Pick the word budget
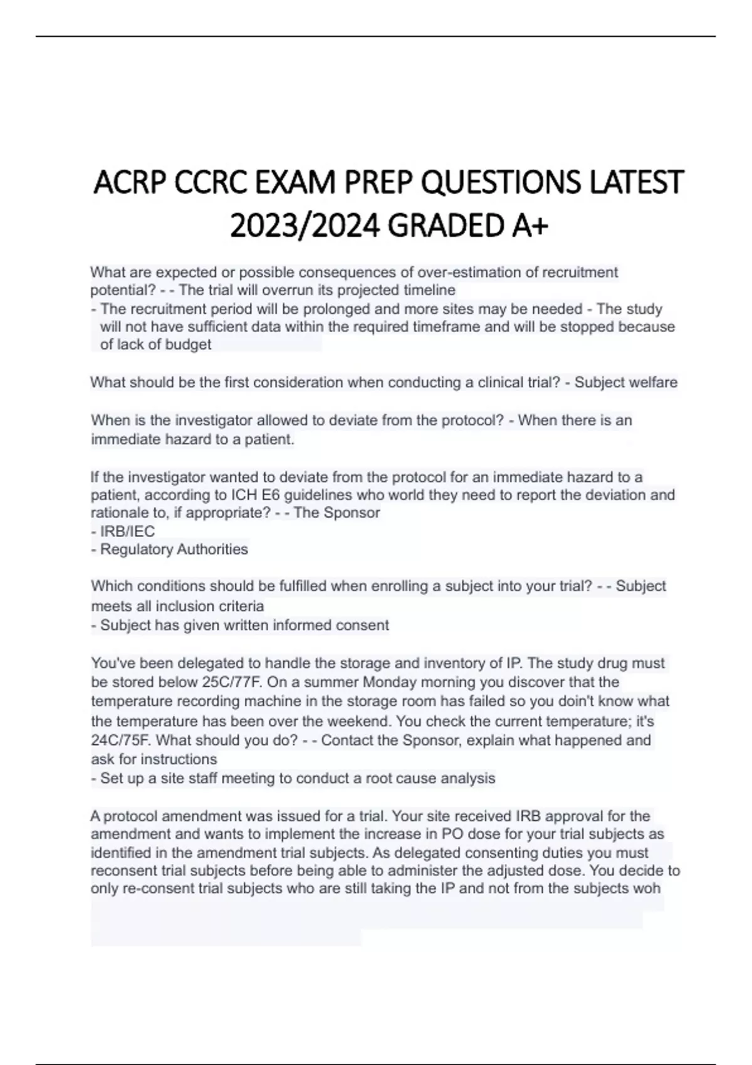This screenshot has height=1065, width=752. coord(188,345)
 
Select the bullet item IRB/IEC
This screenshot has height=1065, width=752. coord(127,531)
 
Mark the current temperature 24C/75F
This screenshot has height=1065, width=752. coord(121,740)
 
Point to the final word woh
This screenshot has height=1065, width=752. coord(647,888)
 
